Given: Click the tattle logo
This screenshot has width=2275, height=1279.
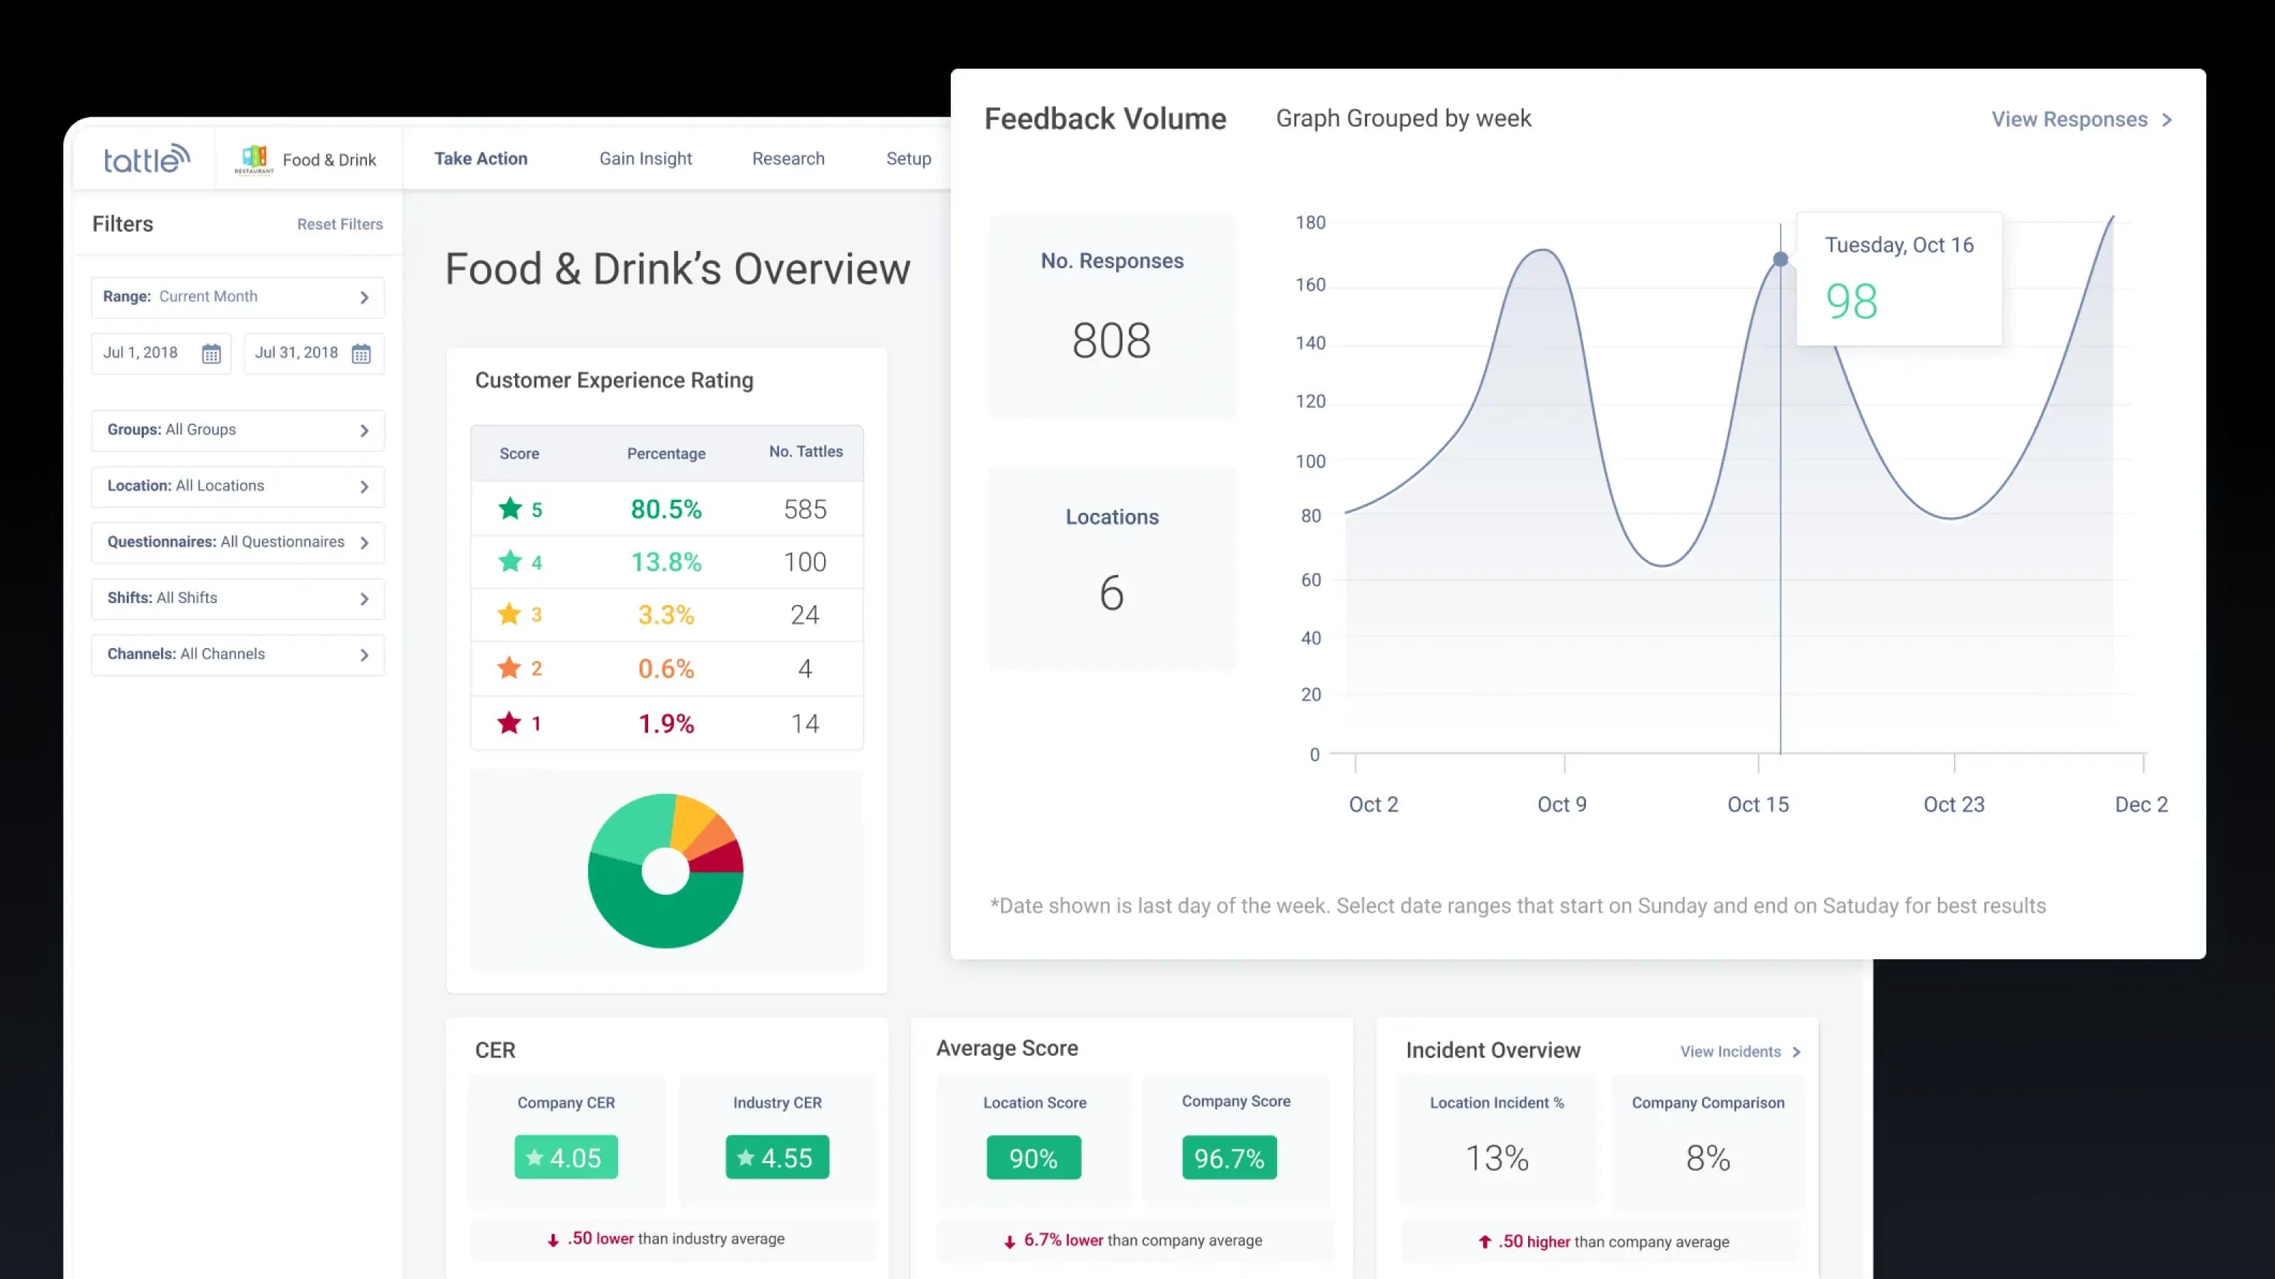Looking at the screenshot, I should tap(147, 159).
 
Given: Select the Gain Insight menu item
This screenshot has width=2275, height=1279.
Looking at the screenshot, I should tap(645, 159).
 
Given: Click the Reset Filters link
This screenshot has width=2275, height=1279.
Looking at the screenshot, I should tap(339, 225).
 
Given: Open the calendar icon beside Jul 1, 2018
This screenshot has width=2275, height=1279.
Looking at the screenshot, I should tap(211, 354).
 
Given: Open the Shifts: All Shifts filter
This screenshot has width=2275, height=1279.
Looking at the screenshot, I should tap(237, 599).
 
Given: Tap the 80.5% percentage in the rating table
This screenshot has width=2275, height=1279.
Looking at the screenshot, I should tap(666, 509).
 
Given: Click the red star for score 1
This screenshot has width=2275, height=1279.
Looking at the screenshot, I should tap(509, 723).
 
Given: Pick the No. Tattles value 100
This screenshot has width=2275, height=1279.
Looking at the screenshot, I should tap(805, 563).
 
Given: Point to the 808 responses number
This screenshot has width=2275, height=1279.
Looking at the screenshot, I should tap(1111, 341).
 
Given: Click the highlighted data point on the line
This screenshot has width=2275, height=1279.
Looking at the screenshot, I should tap(1781, 260).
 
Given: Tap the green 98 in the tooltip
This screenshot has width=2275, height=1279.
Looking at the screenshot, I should tap(1851, 302).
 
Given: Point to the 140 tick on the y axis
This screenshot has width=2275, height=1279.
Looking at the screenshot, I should tap(1310, 343).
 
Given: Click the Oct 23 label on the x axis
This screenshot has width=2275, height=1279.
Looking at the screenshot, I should tap(1954, 805).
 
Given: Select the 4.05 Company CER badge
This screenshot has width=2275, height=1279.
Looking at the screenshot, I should tap(566, 1157).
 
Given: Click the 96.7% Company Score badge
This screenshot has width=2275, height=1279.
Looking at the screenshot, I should tap(1228, 1158).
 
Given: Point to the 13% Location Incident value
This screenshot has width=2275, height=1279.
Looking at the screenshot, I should tap(1497, 1159).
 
